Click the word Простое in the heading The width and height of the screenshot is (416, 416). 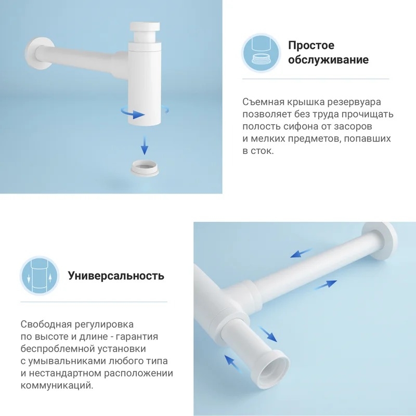coord(311,45)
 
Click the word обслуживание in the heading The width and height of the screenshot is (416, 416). coord(328,60)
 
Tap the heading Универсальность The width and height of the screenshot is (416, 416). coord(116,276)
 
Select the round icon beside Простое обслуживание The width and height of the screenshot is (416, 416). coord(261,53)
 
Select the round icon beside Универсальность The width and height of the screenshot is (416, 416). coord(40,276)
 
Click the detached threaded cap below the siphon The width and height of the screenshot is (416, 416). coord(145,167)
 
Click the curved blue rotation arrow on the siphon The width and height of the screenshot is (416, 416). coord(133,113)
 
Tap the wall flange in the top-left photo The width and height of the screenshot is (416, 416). coord(39,55)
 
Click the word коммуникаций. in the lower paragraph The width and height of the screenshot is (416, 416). coord(57,385)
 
